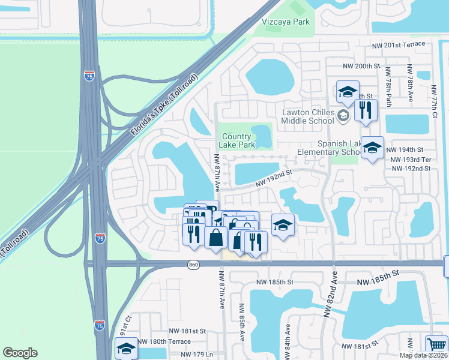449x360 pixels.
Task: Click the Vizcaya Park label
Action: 286,22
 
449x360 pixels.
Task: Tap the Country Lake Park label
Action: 236,140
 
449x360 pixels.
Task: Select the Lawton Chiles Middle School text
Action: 308,116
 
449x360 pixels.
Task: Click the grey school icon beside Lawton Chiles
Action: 343,116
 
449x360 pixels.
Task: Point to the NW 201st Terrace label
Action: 398,44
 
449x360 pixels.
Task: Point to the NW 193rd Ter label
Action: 411,160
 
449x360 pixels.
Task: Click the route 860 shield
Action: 193,265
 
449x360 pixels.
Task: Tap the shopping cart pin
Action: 436,346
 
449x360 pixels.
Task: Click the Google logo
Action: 20,353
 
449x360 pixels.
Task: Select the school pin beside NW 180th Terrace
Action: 127,349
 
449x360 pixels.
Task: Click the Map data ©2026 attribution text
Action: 423,355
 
